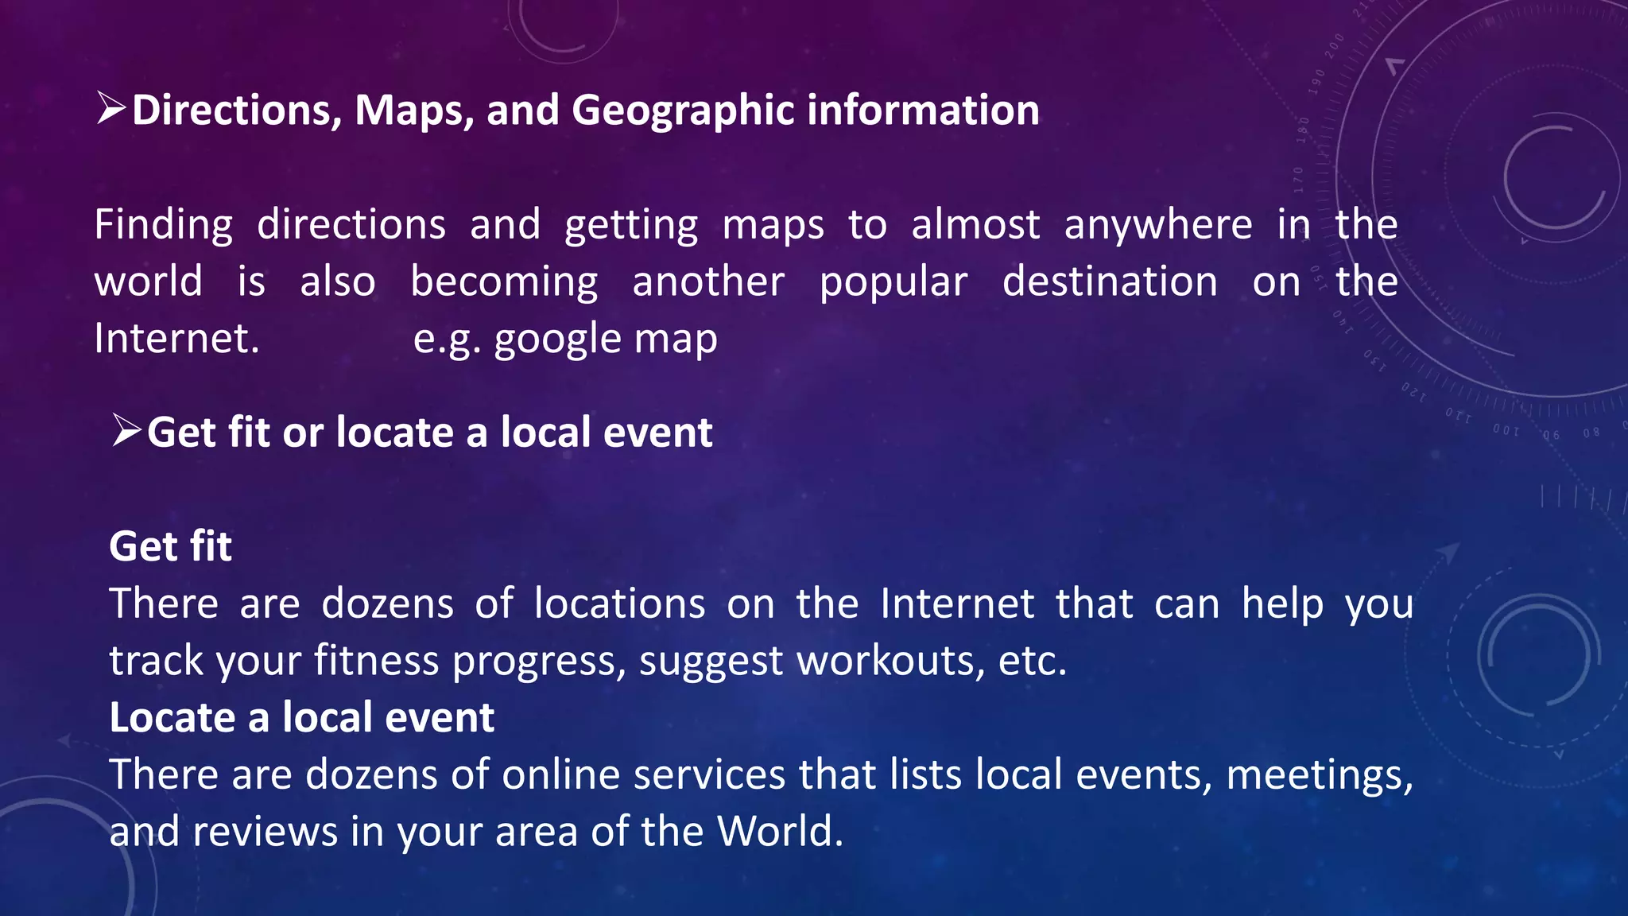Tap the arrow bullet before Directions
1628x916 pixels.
[110, 108]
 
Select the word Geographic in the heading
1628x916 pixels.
[682, 111]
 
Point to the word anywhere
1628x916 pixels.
[1158, 225]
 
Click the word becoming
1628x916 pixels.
[504, 283]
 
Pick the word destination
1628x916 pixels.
[1110, 282]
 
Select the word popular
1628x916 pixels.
[893, 283]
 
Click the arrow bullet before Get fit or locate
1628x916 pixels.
[126, 431]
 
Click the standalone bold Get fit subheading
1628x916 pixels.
[170, 546]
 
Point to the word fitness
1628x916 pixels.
[376, 661]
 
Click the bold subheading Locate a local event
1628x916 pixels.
[301, 717]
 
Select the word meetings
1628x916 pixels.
[1319, 774]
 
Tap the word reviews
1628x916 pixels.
[265, 832]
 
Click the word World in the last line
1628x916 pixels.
[779, 832]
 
